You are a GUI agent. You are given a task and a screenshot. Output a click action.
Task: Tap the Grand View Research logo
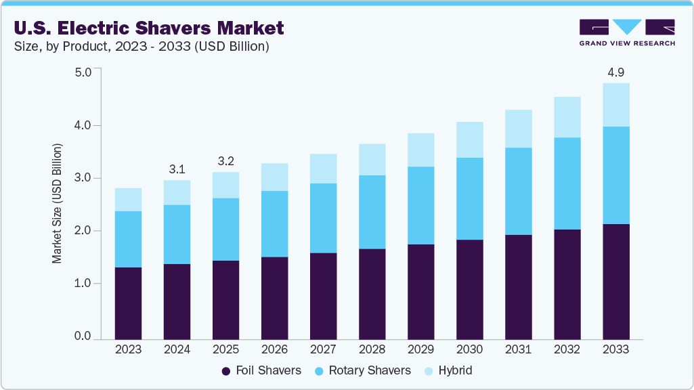tap(627, 32)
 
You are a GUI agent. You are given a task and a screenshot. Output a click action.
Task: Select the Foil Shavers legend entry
tap(261, 370)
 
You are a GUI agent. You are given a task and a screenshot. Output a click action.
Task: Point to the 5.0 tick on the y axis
tap(82, 72)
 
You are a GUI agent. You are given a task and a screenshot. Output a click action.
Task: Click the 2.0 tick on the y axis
tap(82, 231)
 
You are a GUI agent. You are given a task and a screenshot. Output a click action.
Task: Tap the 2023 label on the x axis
tap(128, 349)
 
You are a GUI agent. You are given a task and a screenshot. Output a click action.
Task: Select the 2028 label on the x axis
tap(372, 349)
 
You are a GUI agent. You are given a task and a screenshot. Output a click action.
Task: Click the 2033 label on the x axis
tap(615, 349)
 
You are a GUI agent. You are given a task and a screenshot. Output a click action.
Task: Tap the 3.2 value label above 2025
tap(225, 162)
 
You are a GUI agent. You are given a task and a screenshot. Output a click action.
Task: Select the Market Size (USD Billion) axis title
tap(58, 203)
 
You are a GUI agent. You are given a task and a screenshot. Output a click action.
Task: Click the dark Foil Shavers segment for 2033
tap(615, 281)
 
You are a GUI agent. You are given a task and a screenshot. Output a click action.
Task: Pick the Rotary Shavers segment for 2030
tap(469, 198)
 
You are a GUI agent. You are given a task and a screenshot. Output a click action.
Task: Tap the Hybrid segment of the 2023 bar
tap(128, 200)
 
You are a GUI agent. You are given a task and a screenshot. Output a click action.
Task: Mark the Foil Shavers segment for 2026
tap(274, 298)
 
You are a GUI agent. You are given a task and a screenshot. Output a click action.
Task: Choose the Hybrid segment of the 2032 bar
tap(567, 117)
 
